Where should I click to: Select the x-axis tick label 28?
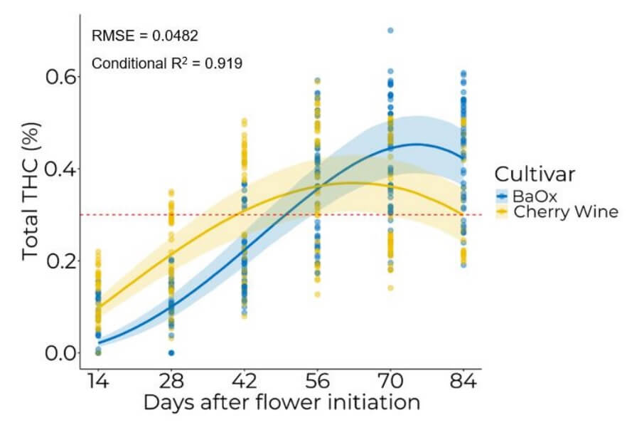pyautogui.click(x=171, y=382)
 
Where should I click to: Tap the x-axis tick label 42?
pyautogui.click(x=244, y=382)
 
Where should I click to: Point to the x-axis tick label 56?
pyautogui.click(x=317, y=382)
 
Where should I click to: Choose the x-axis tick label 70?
pyautogui.click(x=390, y=382)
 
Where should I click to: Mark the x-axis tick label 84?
pyautogui.click(x=464, y=382)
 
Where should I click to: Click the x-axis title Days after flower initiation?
pyautogui.click(x=281, y=403)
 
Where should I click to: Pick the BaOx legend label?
pyautogui.click(x=533, y=196)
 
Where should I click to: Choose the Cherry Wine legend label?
pyautogui.click(x=566, y=211)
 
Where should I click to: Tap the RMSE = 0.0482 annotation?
pyautogui.click(x=145, y=36)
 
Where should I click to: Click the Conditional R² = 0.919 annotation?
pyautogui.click(x=167, y=63)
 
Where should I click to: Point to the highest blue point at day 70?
pyautogui.click(x=390, y=31)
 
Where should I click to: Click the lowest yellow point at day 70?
pyautogui.click(x=390, y=288)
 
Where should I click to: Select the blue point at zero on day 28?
pyautogui.click(x=171, y=353)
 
